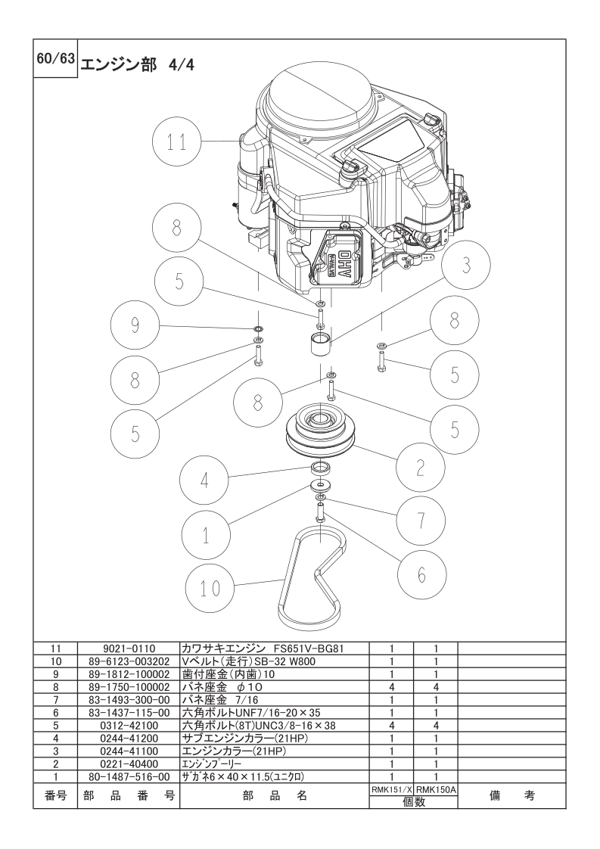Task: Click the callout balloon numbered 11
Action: (x=176, y=141)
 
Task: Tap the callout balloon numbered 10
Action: (x=210, y=589)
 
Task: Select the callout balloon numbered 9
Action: (x=135, y=325)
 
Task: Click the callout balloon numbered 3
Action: (x=466, y=266)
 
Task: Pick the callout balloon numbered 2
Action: (x=420, y=468)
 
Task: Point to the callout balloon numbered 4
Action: (x=205, y=480)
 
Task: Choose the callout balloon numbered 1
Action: (x=206, y=536)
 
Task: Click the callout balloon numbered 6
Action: (x=422, y=574)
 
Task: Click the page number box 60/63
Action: (x=55, y=58)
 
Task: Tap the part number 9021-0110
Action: (x=129, y=648)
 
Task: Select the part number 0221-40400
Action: (x=129, y=764)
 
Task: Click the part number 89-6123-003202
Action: (x=129, y=661)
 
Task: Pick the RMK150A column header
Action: (x=436, y=790)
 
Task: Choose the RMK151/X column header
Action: (x=391, y=790)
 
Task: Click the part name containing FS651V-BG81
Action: (x=263, y=648)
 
